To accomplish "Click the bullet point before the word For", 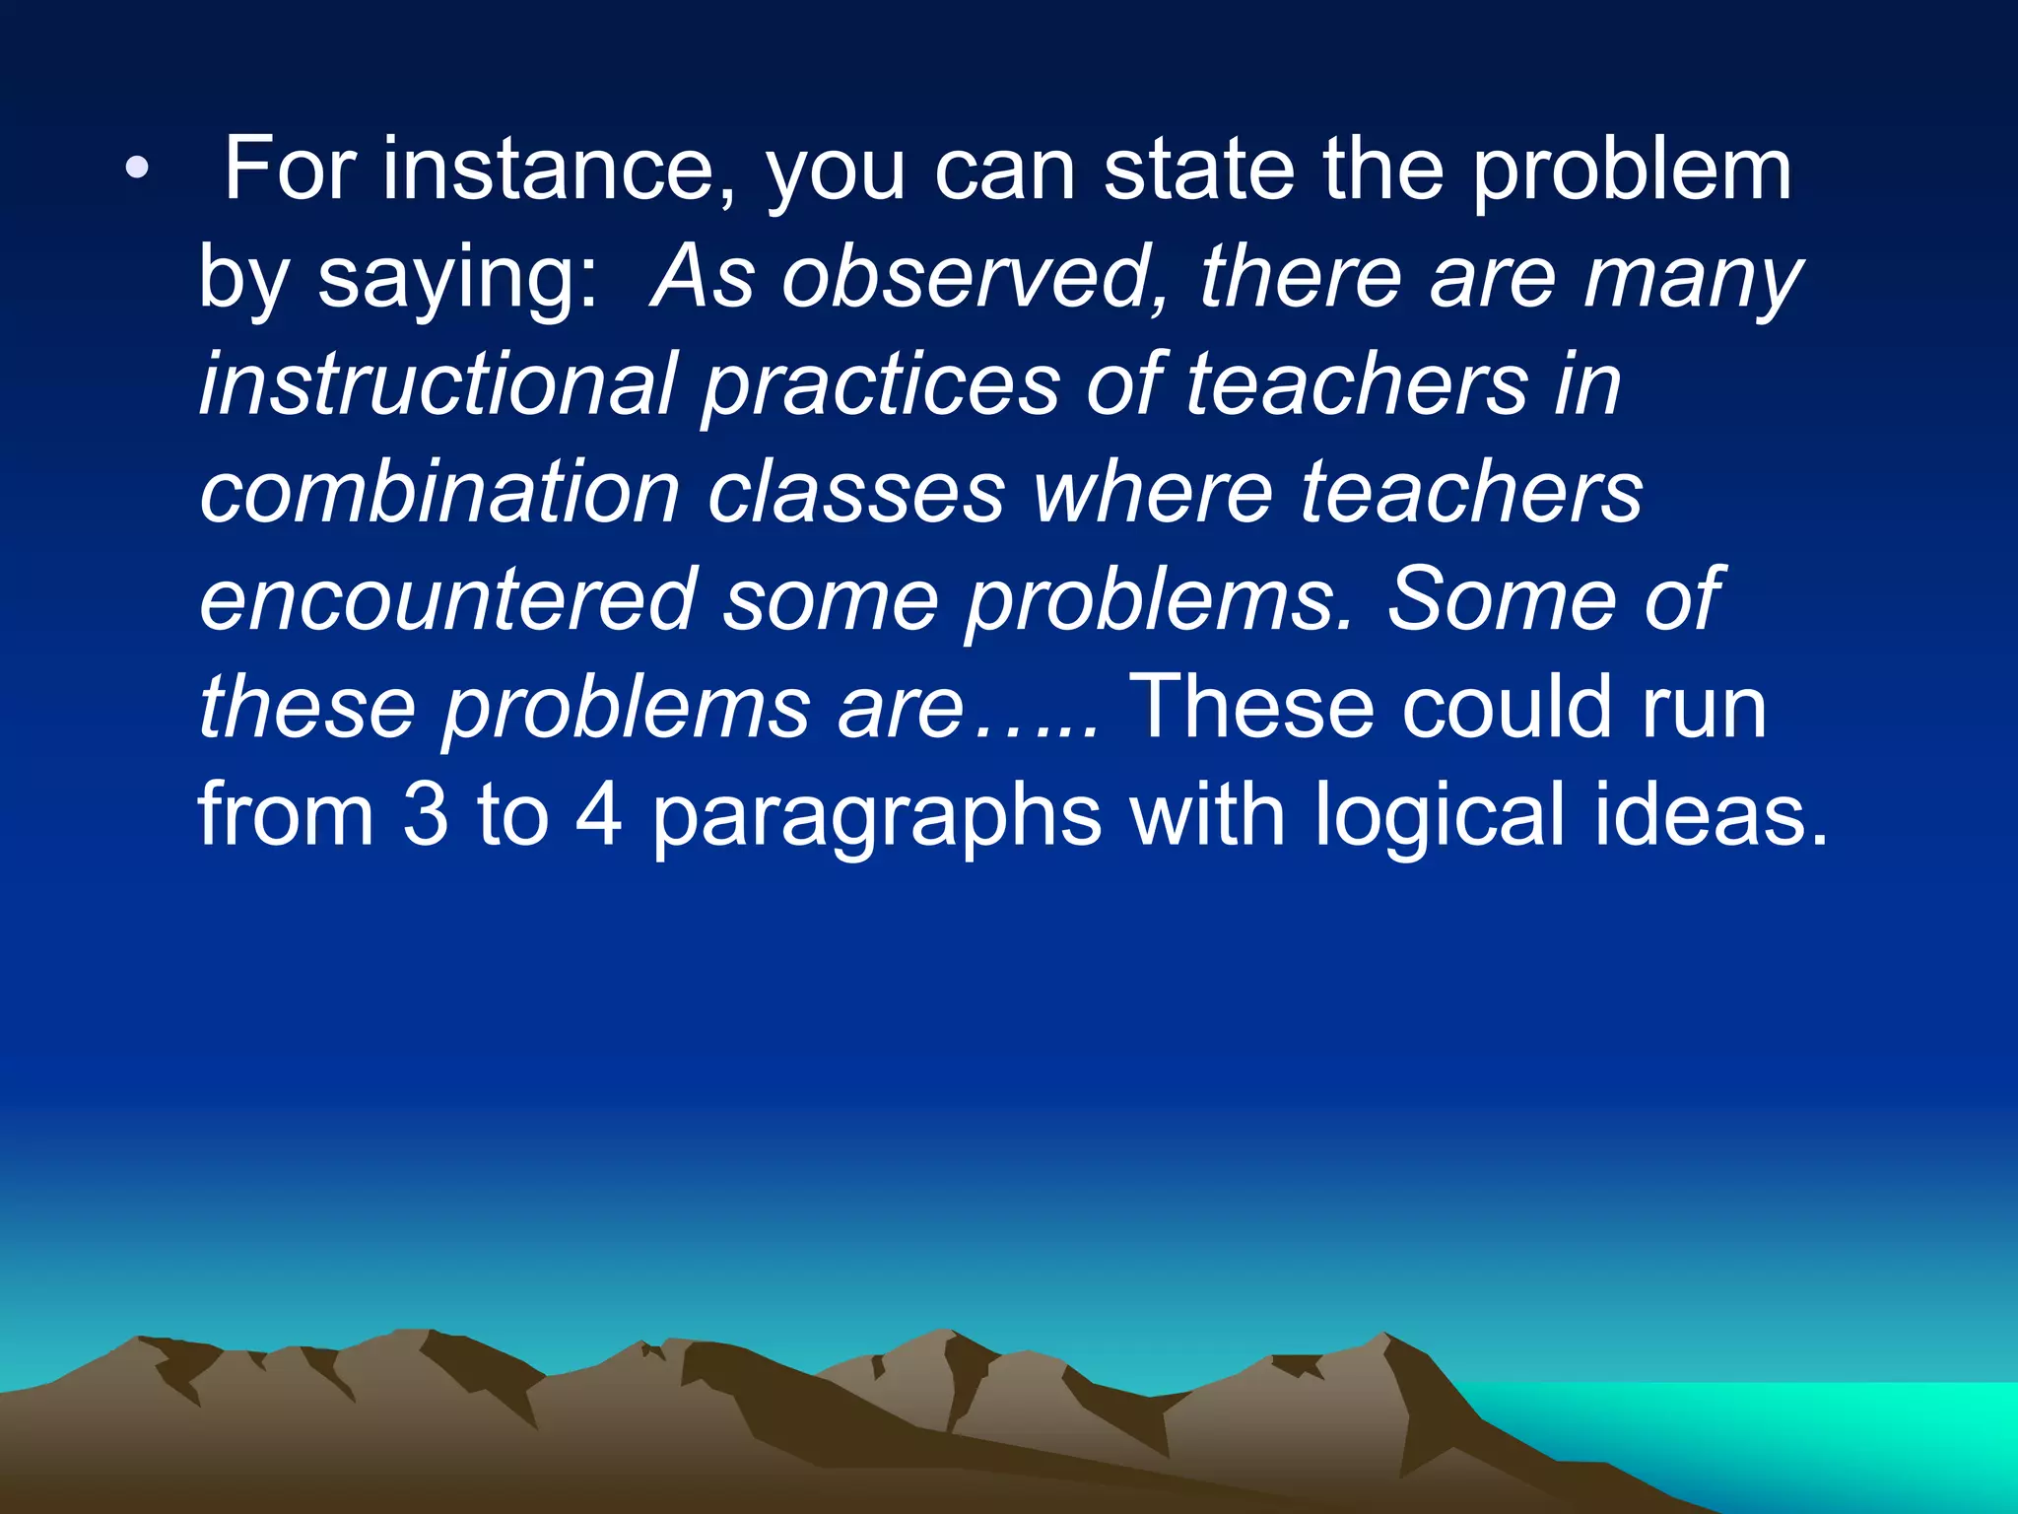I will (137, 170).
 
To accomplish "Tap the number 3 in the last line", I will (425, 815).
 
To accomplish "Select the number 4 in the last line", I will (598, 815).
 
